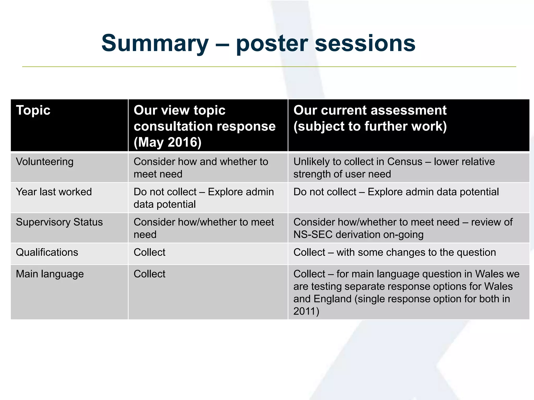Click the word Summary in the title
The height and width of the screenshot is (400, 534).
tap(155, 43)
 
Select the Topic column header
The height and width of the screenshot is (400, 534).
tap(33, 110)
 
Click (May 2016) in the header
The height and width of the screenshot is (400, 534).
tap(167, 142)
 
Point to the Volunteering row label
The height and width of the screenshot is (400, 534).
tap(45, 162)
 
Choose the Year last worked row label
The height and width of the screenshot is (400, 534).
tap(54, 192)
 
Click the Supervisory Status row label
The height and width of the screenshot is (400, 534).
tap(59, 222)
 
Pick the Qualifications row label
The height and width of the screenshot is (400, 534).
tap(47, 252)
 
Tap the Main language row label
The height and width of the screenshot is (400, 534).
tap(50, 274)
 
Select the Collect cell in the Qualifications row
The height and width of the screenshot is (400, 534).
tap(149, 252)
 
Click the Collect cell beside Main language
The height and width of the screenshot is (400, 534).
tap(149, 274)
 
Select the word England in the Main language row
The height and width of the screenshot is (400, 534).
tap(332, 299)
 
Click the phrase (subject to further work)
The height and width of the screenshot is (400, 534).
tap(370, 126)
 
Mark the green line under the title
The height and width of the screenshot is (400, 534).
tap(269, 67)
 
